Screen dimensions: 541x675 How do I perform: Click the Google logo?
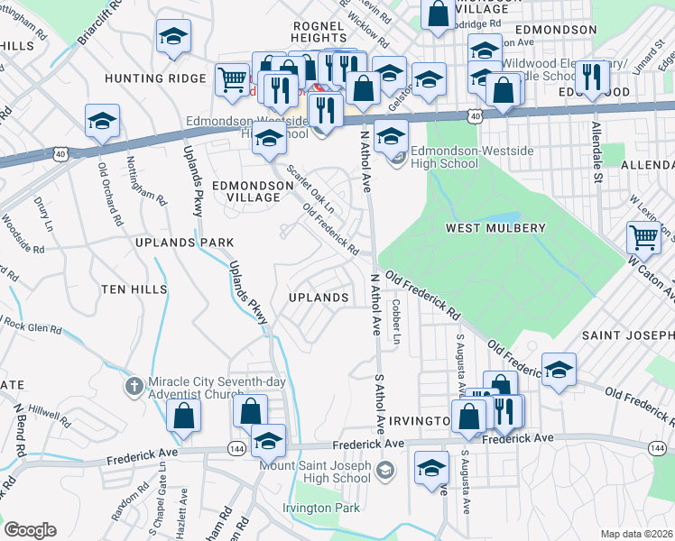pyautogui.click(x=30, y=530)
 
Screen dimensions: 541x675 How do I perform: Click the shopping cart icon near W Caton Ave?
pyautogui.click(x=643, y=238)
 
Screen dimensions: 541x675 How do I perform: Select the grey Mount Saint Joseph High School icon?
pyautogui.click(x=385, y=469)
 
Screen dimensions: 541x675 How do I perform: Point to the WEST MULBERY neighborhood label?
pyautogui.click(x=495, y=229)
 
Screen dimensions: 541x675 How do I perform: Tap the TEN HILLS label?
pyautogui.click(x=134, y=289)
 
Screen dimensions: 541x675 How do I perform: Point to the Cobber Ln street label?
pyautogui.click(x=395, y=320)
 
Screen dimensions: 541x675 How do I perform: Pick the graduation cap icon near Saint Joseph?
pyautogui.click(x=559, y=369)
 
